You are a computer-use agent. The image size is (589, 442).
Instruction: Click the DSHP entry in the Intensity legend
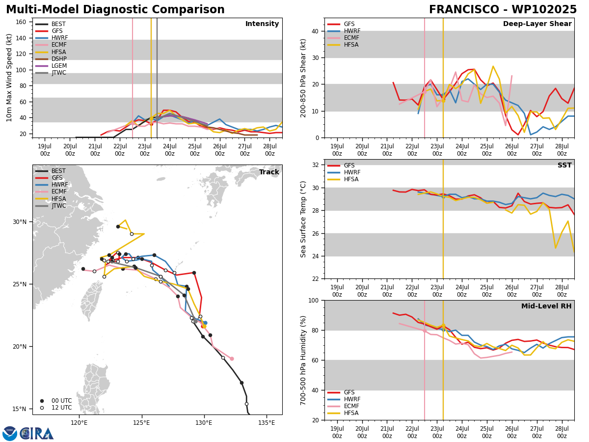51,59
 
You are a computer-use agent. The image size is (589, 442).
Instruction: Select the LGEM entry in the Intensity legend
51,66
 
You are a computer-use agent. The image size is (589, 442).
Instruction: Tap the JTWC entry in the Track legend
51,206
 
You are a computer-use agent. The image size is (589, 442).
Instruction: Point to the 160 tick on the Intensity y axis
21,22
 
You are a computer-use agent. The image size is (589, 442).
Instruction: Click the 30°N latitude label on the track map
20,222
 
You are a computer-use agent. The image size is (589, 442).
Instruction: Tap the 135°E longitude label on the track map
267,423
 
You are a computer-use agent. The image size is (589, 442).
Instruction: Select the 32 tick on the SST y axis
316,165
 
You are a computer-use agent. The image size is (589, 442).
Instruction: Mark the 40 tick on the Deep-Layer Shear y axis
315,31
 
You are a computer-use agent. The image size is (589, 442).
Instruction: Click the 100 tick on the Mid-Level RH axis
314,300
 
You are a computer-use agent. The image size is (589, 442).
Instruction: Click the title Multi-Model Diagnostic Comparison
115,10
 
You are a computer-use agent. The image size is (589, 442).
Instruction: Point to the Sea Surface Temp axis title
303,219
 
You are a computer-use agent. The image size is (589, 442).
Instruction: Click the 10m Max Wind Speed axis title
9,78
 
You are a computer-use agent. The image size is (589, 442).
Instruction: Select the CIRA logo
28,434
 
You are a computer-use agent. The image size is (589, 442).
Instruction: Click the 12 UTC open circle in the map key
42,408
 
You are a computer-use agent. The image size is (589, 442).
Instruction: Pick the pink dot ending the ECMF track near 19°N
232,359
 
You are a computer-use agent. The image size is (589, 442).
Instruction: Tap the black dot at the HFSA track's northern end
118,227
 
